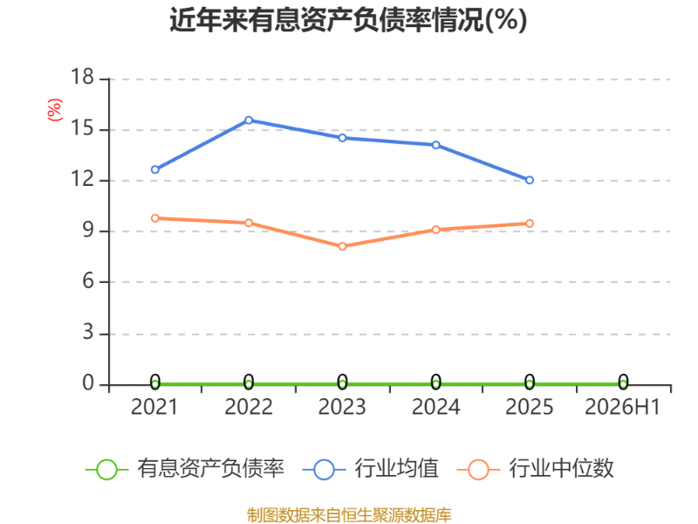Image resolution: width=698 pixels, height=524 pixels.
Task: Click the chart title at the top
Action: pos(348,20)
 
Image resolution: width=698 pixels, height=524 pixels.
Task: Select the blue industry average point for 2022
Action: pos(249,121)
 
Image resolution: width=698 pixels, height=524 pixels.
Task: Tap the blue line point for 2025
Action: pos(530,180)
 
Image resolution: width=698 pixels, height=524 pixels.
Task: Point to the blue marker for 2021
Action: pos(155,169)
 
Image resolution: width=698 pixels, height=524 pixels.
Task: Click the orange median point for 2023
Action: pos(342,246)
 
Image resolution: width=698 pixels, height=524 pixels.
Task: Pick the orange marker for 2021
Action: pos(155,218)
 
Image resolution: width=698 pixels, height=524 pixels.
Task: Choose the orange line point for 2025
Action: pos(530,224)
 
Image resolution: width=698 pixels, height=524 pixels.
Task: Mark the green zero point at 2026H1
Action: pos(623,383)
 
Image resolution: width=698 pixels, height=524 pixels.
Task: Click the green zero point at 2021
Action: pos(155,383)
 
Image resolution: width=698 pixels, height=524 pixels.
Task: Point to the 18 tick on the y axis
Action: pos(82,77)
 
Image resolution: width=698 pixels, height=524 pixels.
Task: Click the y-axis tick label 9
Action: pos(88,231)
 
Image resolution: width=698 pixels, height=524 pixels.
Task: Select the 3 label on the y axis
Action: pos(88,333)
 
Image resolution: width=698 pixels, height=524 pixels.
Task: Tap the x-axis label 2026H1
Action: pos(622,407)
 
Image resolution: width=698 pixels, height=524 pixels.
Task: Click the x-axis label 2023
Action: pos(342,407)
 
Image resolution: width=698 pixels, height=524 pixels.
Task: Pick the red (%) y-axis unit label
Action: pos(55,110)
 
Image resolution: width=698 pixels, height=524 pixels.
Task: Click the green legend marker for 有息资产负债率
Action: pos(106,470)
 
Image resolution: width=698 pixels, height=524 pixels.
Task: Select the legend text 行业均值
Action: pos(396,468)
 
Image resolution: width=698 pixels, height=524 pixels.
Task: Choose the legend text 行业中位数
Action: pos(561,468)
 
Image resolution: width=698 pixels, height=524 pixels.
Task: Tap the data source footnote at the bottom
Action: pos(349,515)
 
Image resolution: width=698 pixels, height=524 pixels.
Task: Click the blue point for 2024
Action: pos(435,145)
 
